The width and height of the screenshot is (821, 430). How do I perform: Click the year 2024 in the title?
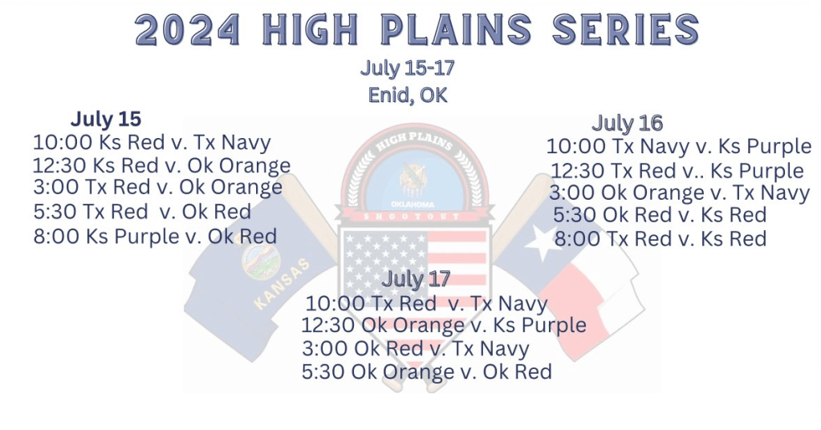187,30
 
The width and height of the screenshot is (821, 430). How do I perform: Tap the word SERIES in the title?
626,30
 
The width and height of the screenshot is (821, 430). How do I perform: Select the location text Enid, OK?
408,95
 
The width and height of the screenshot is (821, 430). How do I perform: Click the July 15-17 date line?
408,68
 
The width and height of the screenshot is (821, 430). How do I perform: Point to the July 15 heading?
106,120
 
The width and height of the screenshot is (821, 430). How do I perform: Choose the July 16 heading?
628,124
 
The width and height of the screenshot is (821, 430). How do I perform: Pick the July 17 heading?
416,279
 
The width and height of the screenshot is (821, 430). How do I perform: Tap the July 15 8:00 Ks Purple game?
155,237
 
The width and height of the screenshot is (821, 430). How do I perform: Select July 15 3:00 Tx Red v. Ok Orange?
157,187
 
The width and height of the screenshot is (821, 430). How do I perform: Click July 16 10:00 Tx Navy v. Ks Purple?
679,147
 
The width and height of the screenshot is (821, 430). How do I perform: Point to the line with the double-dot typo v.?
677,171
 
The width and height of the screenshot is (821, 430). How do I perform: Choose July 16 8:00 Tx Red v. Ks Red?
660,239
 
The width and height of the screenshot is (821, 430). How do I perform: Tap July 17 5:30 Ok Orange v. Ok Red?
427,372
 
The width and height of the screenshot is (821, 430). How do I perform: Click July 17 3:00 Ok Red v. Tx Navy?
416,349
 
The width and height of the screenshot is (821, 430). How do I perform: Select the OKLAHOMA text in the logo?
413,204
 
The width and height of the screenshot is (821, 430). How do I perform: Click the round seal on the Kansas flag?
262,261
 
